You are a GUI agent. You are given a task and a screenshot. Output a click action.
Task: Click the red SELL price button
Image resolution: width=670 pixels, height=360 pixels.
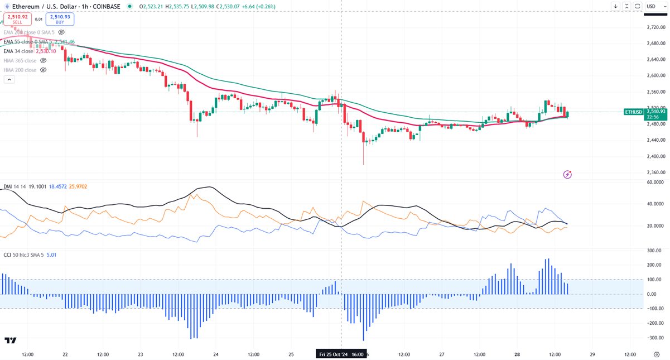pyautogui.click(x=18, y=19)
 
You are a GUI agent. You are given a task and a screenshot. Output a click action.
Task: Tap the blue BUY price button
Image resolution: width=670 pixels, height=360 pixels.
pyautogui.click(x=60, y=19)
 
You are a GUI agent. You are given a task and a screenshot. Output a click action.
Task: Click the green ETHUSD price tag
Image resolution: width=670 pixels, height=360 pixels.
pyautogui.click(x=634, y=112)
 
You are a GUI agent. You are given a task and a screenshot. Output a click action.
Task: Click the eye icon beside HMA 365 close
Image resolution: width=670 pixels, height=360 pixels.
pyautogui.click(x=44, y=60)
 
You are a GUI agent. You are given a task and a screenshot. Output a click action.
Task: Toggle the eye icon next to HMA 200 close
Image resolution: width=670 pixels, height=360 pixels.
pyautogui.click(x=44, y=70)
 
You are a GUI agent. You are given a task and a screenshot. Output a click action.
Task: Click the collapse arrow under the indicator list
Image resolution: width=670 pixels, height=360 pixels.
pyautogui.click(x=9, y=79)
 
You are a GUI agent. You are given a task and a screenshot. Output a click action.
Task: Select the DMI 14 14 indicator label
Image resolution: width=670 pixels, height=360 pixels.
pyautogui.click(x=16, y=186)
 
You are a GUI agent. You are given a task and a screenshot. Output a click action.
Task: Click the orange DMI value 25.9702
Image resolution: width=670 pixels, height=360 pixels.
pyautogui.click(x=78, y=186)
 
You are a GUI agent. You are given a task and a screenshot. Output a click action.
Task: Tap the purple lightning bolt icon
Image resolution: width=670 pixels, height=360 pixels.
pyautogui.click(x=567, y=175)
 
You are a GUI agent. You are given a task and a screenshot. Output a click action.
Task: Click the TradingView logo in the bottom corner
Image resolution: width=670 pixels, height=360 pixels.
pyautogui.click(x=10, y=340)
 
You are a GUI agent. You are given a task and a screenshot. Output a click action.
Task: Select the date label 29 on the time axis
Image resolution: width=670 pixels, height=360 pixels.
pyautogui.click(x=592, y=354)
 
